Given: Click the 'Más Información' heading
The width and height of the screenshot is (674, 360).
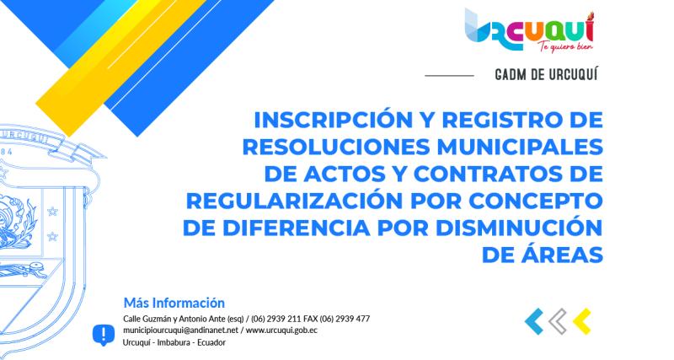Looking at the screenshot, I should [x=174, y=302].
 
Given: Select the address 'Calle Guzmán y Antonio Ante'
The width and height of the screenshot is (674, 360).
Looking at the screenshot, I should [x=174, y=319].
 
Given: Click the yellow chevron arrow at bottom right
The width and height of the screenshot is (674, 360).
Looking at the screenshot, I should [x=580, y=320].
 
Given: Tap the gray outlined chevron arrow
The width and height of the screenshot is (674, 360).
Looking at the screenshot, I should [x=557, y=320].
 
